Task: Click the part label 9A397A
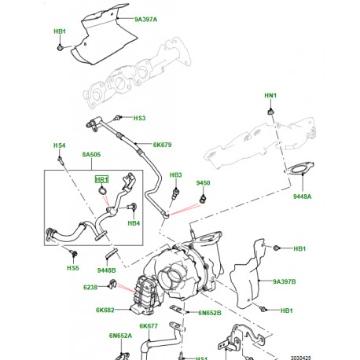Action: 145,17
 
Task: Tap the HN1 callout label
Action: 270,96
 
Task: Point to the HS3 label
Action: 138,119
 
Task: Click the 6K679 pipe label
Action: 162,145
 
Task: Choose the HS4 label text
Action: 59,145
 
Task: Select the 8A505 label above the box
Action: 92,156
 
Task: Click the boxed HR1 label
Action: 101,179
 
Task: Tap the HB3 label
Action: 175,174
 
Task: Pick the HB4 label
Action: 134,223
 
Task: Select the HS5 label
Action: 72,268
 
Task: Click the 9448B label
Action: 107,271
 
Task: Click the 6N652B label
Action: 209,314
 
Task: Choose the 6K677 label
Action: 150,325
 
